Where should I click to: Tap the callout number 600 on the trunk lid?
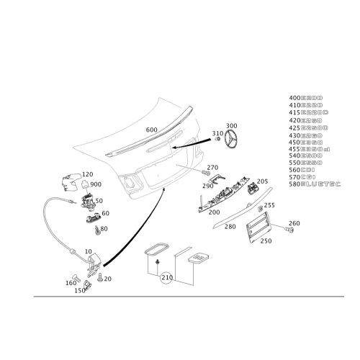click(151, 129)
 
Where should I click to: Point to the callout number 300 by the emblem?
click(230, 125)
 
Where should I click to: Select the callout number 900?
click(97, 184)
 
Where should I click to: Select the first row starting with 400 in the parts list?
click(306, 96)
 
